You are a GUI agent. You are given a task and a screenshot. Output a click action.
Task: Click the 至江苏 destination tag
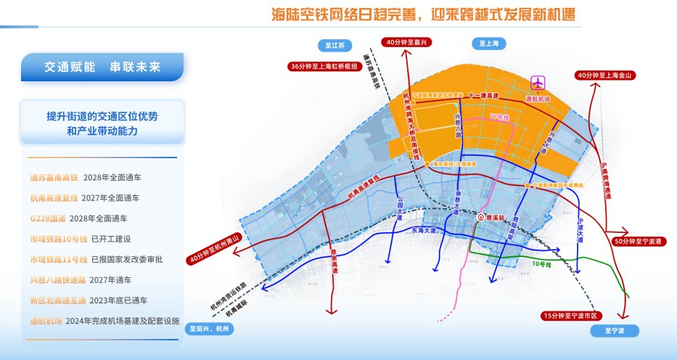(335, 46)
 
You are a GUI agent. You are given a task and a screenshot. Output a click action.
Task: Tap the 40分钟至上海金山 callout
(605, 75)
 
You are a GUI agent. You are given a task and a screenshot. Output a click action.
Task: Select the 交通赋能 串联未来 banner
(102, 67)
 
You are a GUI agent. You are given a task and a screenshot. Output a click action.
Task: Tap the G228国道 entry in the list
(47, 218)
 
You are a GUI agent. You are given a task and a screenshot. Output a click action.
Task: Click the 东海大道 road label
(424, 230)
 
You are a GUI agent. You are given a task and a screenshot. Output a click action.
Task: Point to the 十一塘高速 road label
(483, 95)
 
